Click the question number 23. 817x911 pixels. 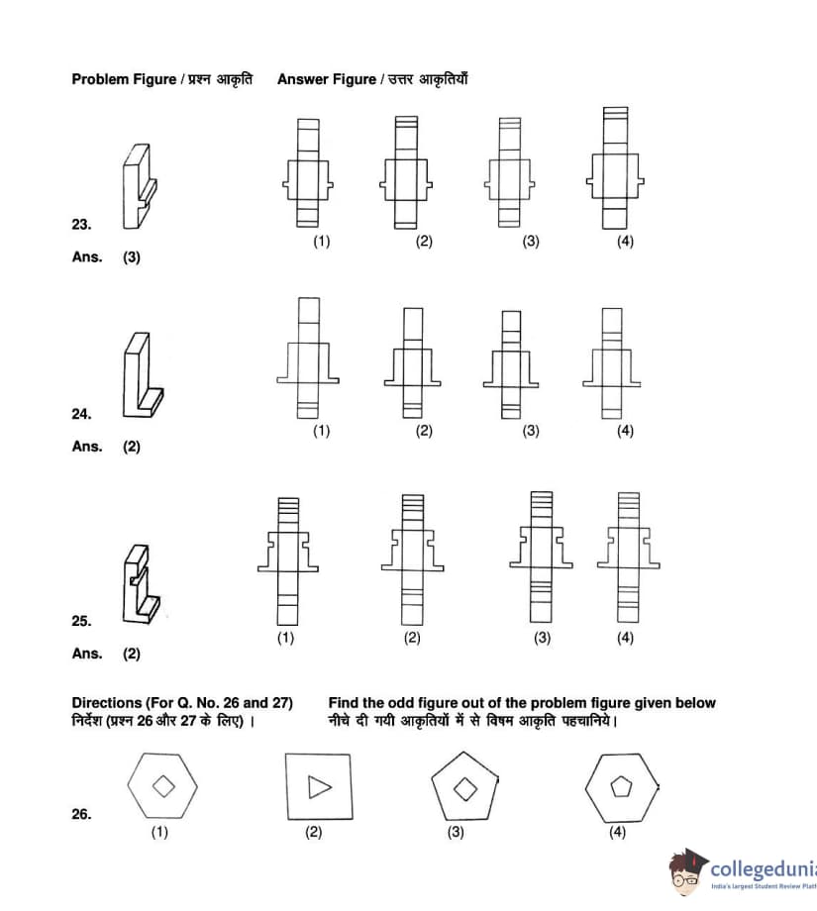(x=81, y=225)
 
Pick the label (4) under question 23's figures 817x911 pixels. (x=625, y=241)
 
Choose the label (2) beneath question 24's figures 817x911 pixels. (x=424, y=431)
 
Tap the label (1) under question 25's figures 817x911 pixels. (x=285, y=638)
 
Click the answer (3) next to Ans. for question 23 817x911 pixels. (x=132, y=257)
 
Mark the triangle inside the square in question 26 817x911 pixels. (x=319, y=787)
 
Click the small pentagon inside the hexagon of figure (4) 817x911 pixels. (x=621, y=787)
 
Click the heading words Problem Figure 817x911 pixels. (x=123, y=79)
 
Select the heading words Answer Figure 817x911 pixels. (x=326, y=79)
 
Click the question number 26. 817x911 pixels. (x=81, y=814)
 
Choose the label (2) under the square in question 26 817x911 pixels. (x=314, y=833)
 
